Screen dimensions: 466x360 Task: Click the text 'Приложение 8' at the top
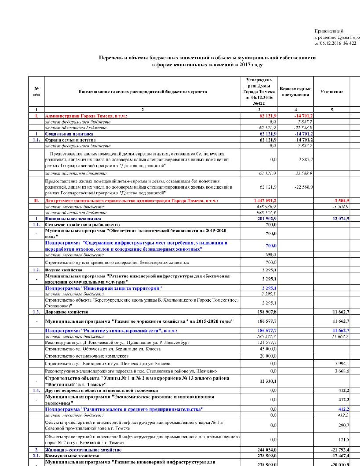[329, 31]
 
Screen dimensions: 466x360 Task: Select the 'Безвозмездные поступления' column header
[295, 92]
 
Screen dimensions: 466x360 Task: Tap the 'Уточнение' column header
[332, 92]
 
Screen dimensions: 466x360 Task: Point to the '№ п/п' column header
[36, 92]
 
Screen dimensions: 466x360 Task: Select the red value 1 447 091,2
[265, 201]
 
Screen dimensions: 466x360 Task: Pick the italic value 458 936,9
[266, 207]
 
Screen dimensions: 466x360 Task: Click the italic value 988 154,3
[266, 213]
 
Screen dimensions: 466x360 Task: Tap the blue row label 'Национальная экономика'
[73, 219]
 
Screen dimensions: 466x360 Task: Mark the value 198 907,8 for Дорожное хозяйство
[267, 312]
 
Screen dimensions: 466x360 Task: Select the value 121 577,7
[267, 343]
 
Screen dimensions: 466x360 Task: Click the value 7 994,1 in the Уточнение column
[342, 364]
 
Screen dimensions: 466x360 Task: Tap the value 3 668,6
[342, 371]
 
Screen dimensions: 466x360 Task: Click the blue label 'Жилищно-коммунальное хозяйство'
[83, 450]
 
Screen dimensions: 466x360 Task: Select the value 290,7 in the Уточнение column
[344, 425]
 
